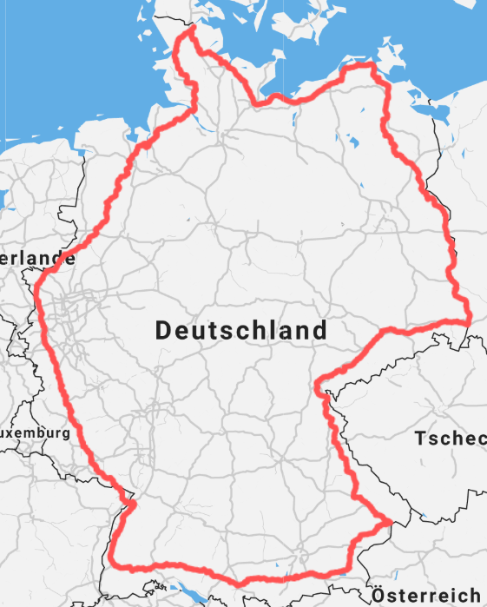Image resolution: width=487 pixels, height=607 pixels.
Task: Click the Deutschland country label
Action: (x=241, y=330)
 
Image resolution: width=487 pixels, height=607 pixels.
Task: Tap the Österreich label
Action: (x=426, y=596)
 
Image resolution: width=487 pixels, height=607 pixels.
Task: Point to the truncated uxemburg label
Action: (x=35, y=432)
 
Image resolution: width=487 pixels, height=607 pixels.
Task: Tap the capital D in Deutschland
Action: (x=164, y=330)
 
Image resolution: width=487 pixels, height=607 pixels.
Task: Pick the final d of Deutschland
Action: (x=320, y=330)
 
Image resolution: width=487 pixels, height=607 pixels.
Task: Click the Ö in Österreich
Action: (x=379, y=595)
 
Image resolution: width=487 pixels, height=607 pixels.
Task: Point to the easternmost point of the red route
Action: (x=469, y=318)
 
